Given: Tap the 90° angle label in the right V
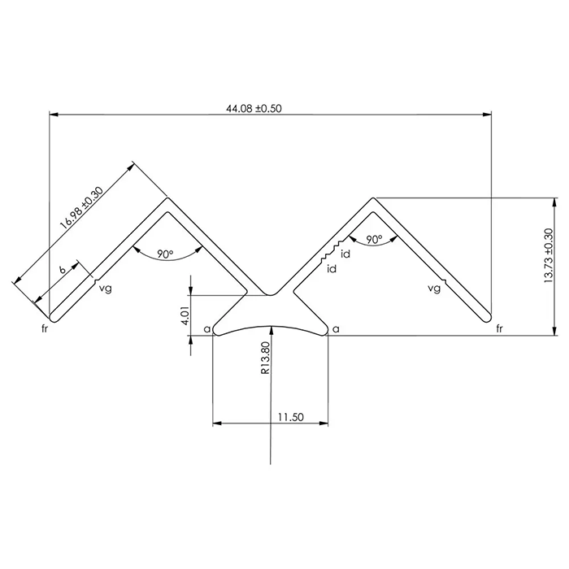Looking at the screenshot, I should (374, 240).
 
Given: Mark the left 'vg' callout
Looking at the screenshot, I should (104, 288).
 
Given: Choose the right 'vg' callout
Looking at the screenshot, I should (435, 288).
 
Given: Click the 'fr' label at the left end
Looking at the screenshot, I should (45, 329).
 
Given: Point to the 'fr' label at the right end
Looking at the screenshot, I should (500, 329).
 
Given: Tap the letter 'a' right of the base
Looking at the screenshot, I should (337, 329).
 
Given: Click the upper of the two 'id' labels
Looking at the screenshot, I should (345, 254).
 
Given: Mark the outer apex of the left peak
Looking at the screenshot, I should (167, 198).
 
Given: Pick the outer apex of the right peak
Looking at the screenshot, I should (374, 198).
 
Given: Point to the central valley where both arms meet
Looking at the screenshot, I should (271, 294).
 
